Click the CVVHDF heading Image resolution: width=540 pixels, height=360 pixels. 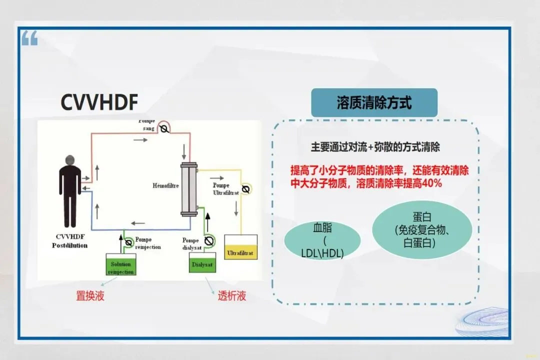coord(99,101)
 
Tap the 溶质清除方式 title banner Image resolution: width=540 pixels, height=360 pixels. coord(374,103)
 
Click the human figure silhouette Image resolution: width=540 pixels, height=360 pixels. coord(70,192)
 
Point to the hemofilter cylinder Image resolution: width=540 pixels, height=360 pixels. coord(188,189)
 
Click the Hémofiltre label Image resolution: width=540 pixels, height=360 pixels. coord(165,185)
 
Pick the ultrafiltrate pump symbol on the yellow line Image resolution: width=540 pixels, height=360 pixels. coord(245,189)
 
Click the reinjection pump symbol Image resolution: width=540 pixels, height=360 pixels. coord(128,242)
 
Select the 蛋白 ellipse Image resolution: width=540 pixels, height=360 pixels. coord(422,230)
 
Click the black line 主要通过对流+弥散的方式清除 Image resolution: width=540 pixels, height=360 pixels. coord(375,147)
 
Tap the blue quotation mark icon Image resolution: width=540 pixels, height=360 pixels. coord(29,38)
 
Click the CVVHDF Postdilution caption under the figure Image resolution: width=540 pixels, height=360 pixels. coord(70,241)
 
